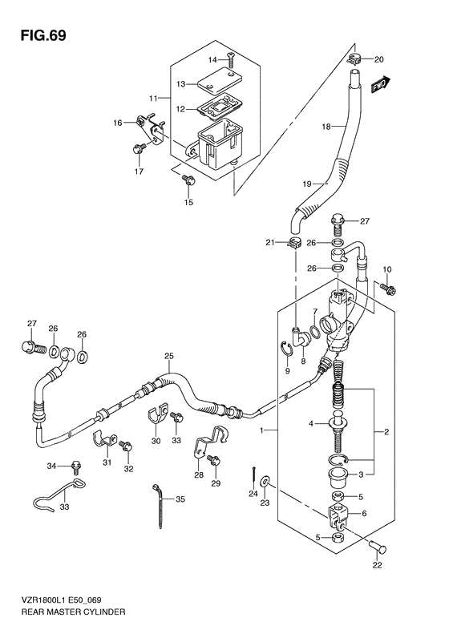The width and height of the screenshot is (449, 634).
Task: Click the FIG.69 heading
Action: point(38,35)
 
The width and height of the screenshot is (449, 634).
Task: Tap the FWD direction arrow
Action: point(380,85)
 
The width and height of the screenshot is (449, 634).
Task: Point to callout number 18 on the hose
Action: point(326,127)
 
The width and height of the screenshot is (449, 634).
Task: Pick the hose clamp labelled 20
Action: point(355,59)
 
